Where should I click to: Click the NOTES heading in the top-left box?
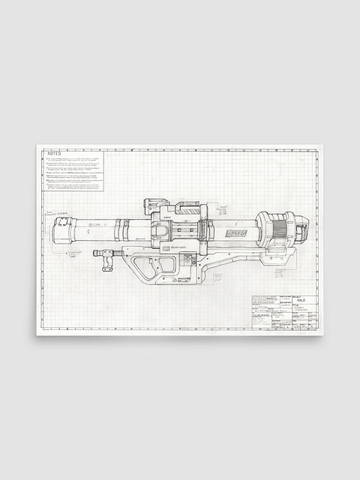[x=54, y=154]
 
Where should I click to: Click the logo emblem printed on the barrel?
[x=236, y=233]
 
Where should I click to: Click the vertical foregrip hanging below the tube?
[x=107, y=259]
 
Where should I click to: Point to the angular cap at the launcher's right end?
[x=301, y=229]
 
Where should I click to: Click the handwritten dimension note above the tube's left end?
[x=61, y=213]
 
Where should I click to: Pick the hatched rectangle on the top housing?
[x=187, y=211]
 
